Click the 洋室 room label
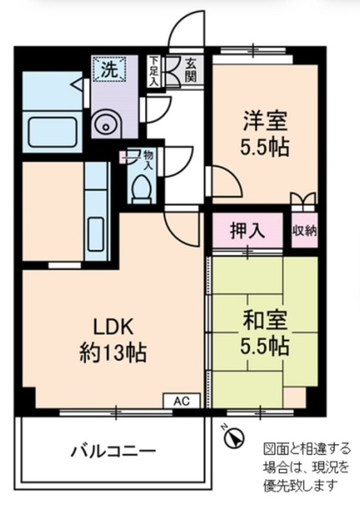pyautogui.click(x=265, y=122)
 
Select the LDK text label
pyautogui.click(x=114, y=326)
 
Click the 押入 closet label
pyautogui.click(x=248, y=232)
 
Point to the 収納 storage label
pyautogui.click(x=305, y=231)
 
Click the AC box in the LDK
pyautogui.click(x=182, y=401)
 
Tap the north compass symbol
pyautogui.click(x=233, y=437)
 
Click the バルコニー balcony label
pyautogui.click(x=114, y=452)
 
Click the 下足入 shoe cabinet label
pyautogui.click(x=154, y=71)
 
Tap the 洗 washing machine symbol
pyautogui.click(x=109, y=69)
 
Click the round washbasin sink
pyautogui.click(x=104, y=124)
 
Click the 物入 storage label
pyautogui.click(x=148, y=160)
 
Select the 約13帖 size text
pyautogui.click(x=113, y=353)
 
